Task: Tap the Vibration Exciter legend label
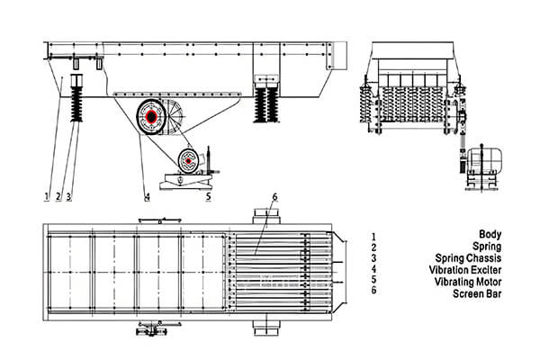pyautogui.click(x=486, y=269)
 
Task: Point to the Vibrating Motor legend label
pyautogui.click(x=490, y=281)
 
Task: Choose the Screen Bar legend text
pyautogui.click(x=500, y=293)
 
